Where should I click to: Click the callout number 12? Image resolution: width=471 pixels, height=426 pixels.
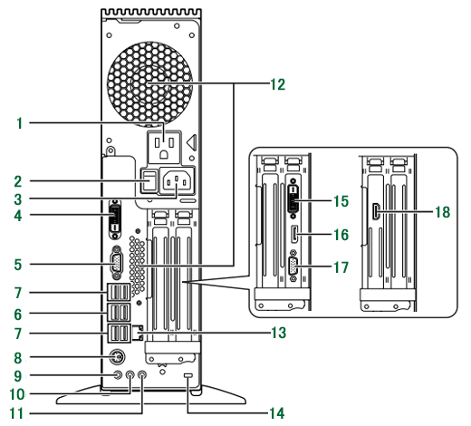277,84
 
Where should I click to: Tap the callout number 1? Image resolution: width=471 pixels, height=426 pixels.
20,123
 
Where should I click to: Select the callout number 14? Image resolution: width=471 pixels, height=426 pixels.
277,413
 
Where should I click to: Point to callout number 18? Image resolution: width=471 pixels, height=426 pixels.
443,212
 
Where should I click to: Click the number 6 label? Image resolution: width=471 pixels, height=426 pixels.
18,315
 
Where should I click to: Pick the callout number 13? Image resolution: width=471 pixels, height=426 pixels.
278,333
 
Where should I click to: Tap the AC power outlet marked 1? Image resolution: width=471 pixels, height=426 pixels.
164,147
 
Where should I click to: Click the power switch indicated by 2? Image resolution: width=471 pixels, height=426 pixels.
149,180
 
